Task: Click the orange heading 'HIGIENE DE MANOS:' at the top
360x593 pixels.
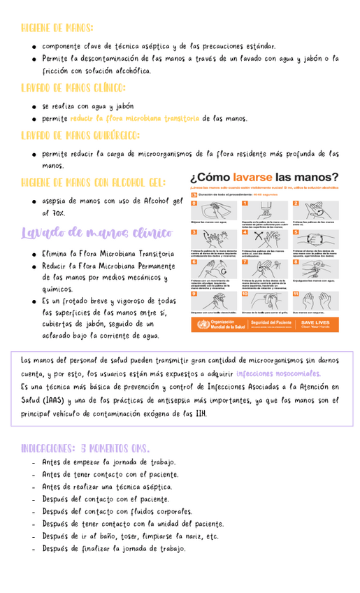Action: coord(57,28)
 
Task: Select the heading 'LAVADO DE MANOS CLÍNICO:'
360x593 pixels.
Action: coord(73,88)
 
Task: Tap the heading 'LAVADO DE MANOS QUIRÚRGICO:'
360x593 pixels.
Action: coord(80,135)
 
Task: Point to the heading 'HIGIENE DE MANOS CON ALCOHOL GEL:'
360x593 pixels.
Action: coord(94,183)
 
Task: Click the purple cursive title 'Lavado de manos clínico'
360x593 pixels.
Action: coord(96,233)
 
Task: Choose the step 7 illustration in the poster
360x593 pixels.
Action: coord(266,268)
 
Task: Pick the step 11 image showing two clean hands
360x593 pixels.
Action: coord(315,299)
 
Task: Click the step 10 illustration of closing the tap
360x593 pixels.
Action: coord(266,299)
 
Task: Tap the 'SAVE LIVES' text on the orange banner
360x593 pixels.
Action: coord(315,322)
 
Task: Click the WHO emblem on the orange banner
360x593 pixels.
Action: coord(201,324)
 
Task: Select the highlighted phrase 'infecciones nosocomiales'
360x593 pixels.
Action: coord(278,373)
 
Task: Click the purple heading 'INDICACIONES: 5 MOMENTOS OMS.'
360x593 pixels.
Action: coord(85,448)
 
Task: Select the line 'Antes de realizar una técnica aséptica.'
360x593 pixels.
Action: coord(107,487)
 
